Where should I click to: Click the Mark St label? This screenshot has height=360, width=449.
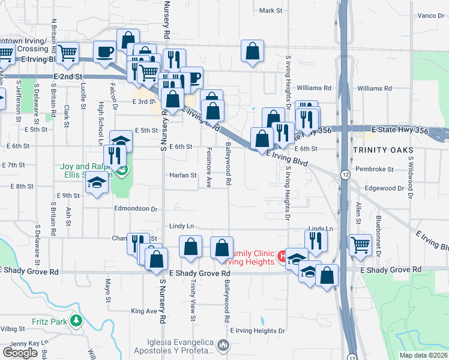[x=270, y=11]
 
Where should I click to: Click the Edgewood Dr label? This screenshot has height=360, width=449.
[x=384, y=188]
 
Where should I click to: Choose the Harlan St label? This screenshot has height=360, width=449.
[x=185, y=176]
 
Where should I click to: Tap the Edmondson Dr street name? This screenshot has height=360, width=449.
[x=136, y=209]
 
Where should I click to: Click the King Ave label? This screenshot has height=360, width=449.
[x=143, y=311]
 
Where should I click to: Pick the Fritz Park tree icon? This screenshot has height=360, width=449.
[x=76, y=321]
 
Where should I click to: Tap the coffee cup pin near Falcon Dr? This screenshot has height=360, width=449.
[x=104, y=52]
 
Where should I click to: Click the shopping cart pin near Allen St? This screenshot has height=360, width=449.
[x=360, y=244]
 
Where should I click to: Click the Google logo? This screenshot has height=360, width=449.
[x=20, y=352]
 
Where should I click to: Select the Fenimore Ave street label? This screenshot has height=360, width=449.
[x=209, y=167]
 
